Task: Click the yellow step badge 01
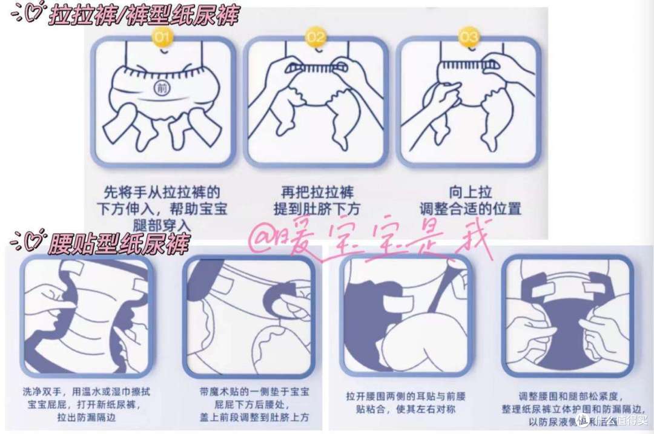point(163,38)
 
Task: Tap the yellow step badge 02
point(315,38)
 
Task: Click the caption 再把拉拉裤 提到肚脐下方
point(315,202)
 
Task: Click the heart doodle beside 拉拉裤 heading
point(27,13)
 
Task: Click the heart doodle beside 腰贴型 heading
point(27,242)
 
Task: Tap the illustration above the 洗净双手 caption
point(87,315)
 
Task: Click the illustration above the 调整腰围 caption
point(567,315)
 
